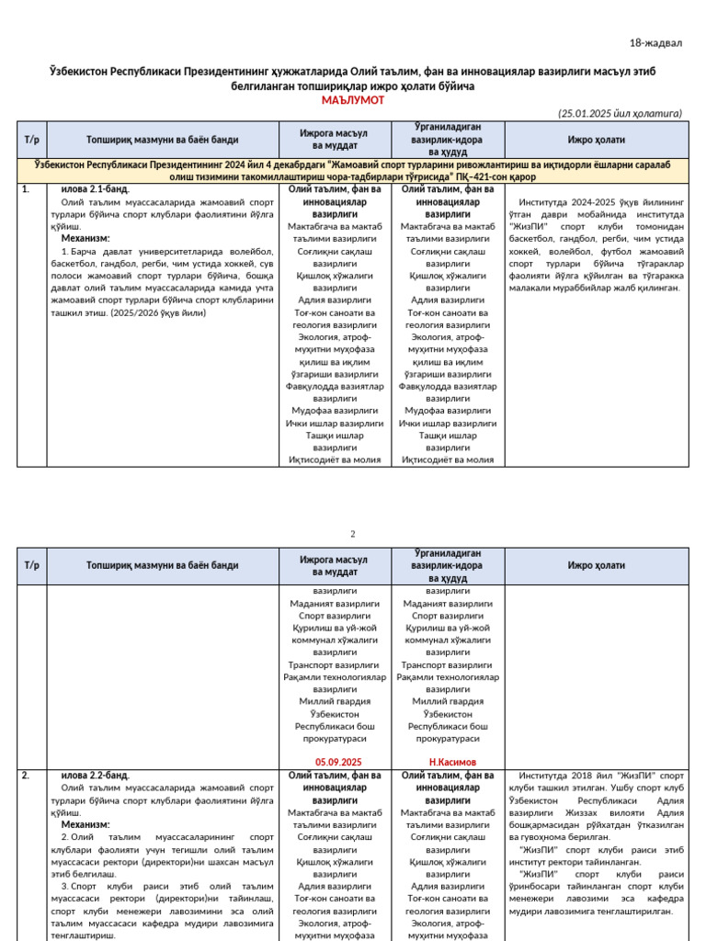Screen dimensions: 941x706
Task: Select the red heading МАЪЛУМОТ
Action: point(353,100)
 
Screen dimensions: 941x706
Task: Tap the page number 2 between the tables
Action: point(352,533)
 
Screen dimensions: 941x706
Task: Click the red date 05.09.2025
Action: point(338,762)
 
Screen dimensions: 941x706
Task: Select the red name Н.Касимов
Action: point(452,762)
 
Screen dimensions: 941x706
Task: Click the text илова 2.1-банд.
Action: point(95,188)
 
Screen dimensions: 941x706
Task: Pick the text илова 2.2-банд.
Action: point(95,776)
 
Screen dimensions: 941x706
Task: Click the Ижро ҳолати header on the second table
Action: point(596,565)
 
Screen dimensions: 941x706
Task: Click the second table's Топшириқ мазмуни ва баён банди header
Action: point(162,565)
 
